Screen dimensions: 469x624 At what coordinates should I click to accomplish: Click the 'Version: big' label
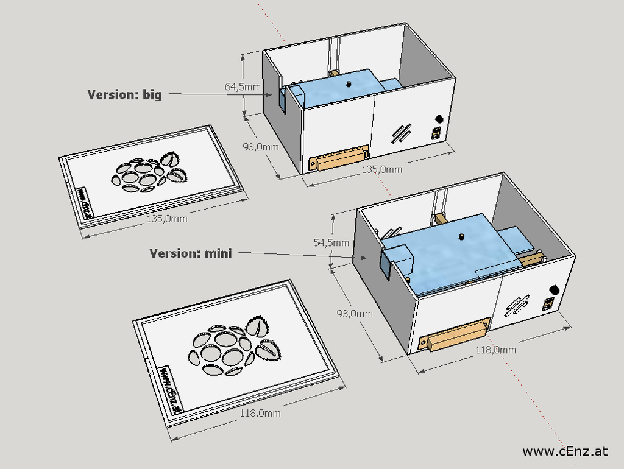point(125,94)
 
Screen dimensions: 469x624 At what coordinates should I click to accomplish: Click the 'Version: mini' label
point(191,253)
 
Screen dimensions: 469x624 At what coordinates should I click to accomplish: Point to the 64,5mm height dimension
point(243,87)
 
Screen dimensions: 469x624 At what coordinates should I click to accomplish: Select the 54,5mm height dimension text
point(331,242)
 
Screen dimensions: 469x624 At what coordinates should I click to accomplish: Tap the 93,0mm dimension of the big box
point(260,147)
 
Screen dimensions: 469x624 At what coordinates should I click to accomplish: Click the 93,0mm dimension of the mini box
point(354,314)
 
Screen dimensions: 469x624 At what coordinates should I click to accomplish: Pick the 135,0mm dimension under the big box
point(382,169)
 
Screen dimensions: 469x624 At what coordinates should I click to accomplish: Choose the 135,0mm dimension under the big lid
point(166,219)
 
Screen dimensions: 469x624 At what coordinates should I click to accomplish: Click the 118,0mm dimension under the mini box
point(495,350)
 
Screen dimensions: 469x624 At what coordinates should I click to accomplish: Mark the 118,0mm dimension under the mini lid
point(260,413)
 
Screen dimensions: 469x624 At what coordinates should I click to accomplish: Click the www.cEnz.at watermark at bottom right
point(565,451)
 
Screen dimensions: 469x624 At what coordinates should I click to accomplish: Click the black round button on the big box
point(438,119)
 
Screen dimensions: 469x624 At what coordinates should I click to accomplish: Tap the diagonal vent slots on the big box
point(402,133)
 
